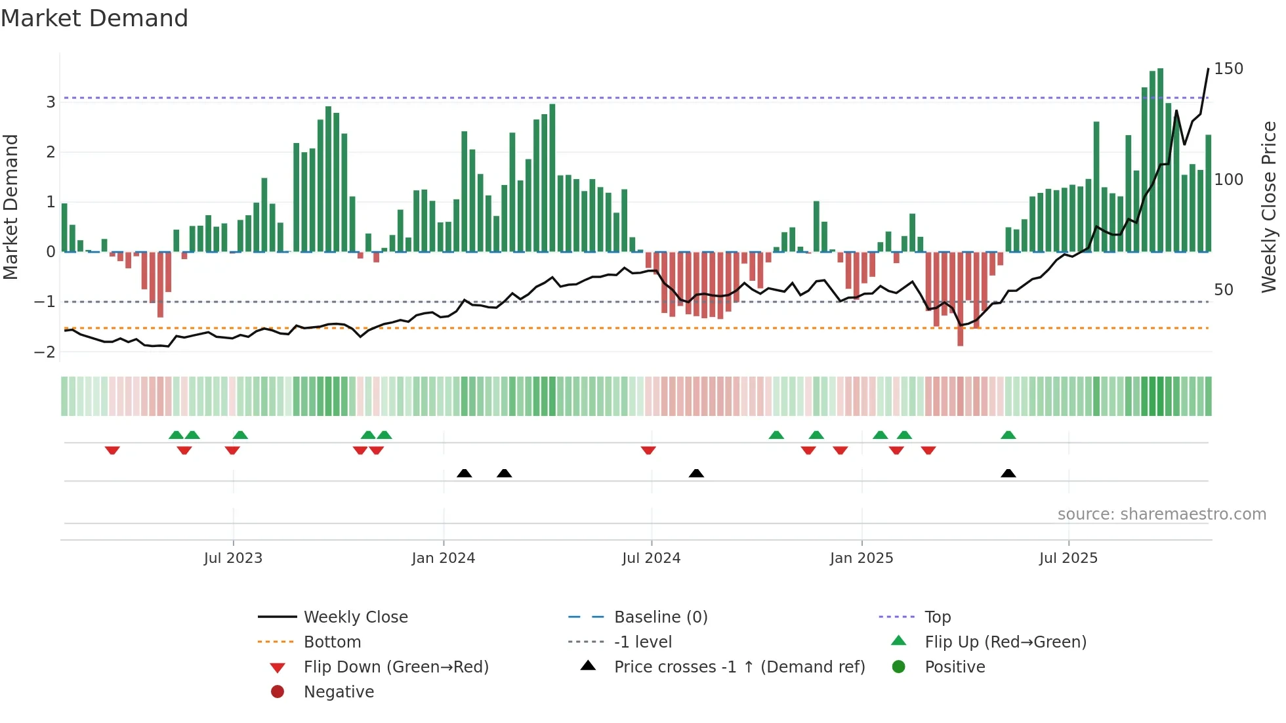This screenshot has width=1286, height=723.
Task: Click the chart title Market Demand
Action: coord(94,18)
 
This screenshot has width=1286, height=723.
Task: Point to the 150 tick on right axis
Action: coord(1228,69)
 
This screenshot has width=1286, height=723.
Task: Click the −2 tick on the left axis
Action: coord(45,352)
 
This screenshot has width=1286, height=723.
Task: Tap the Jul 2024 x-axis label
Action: coord(651,558)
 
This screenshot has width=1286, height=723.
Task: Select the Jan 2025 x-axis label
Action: coord(861,558)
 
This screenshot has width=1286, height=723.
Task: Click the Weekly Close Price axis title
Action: coord(1269,207)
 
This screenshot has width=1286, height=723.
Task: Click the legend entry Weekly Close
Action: coord(355,617)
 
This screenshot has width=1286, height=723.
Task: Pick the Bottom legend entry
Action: coord(332,642)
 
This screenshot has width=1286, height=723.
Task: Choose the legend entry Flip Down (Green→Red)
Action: coord(396,667)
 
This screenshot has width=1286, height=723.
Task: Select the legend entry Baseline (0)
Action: coord(660,617)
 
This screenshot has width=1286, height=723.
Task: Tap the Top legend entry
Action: coord(938,617)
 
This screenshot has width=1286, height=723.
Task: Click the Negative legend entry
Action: coord(339,692)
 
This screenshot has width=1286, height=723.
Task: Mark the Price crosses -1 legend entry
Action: coord(739,667)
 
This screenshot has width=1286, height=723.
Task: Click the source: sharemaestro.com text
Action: coord(1161,514)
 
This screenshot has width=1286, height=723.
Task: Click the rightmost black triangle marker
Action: coord(1008,474)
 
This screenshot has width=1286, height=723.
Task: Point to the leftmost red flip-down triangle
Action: coord(112,450)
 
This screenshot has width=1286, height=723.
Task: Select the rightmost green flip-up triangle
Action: coord(1008,435)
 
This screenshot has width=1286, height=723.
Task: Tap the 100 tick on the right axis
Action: coord(1228,180)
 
